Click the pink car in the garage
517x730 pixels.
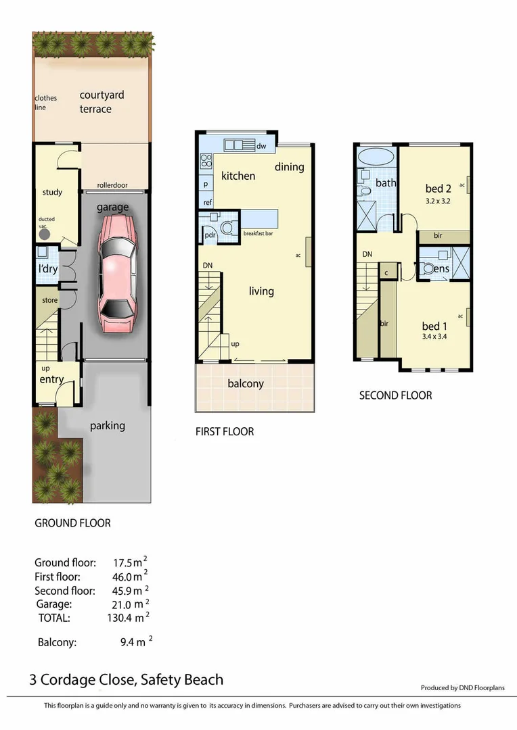117,273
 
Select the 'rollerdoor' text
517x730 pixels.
112,185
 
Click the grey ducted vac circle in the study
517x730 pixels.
45,234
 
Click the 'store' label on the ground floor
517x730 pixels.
49,300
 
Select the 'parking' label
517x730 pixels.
108,426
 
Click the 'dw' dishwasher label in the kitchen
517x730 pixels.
261,145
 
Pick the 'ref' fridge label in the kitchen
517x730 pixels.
207,202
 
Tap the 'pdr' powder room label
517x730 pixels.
211,235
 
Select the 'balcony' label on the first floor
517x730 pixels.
246,384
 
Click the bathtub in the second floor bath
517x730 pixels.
375,157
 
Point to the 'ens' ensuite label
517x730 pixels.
441,269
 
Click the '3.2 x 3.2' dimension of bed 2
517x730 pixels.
438,201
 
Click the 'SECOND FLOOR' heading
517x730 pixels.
395,395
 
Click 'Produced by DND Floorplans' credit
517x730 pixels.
462,688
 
